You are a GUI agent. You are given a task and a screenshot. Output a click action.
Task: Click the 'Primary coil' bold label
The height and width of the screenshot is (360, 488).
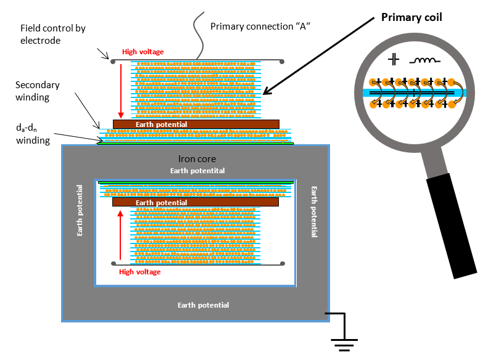pyautogui.click(x=408, y=17)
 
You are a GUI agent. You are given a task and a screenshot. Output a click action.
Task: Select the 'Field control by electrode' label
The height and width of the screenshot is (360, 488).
pyautogui.click(x=52, y=34)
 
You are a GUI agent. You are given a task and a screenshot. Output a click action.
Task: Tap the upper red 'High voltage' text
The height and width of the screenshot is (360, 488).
pyautogui.click(x=143, y=52)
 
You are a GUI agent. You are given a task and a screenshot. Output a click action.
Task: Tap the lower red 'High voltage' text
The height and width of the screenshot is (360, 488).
pyautogui.click(x=139, y=272)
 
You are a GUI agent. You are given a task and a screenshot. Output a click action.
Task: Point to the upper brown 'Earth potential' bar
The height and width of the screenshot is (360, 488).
pyautogui.click(x=196, y=124)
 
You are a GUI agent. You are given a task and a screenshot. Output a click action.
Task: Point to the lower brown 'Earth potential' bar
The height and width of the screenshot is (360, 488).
pyautogui.click(x=196, y=202)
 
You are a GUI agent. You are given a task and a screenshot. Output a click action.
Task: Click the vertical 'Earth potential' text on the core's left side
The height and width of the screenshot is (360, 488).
pyautogui.click(x=80, y=210)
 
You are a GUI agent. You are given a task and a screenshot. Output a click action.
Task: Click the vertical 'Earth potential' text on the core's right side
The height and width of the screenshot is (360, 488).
pyautogui.click(x=314, y=212)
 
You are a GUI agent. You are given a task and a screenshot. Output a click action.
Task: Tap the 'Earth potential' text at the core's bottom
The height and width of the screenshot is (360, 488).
pyautogui.click(x=203, y=305)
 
